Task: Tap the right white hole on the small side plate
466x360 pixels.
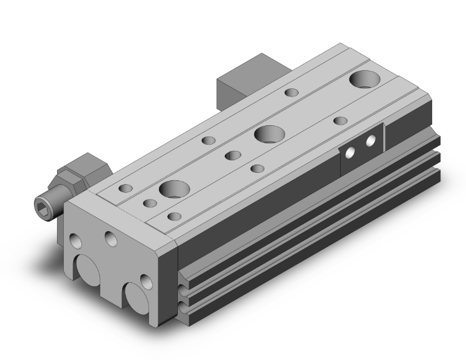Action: (x=371, y=141)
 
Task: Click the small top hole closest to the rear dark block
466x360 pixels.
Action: (x=291, y=93)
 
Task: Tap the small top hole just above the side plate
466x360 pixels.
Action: (x=340, y=121)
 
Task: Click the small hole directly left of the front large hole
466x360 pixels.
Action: (x=150, y=203)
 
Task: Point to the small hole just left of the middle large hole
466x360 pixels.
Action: (x=233, y=155)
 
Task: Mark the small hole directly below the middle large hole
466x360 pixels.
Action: (x=257, y=168)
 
